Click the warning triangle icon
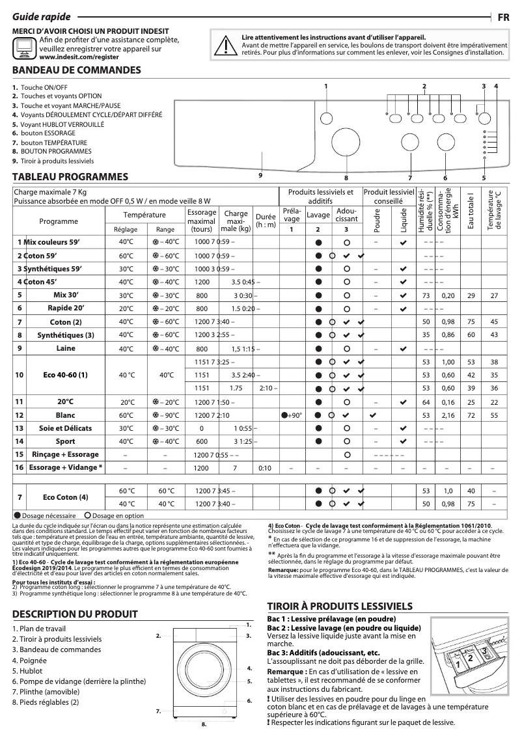[225, 45]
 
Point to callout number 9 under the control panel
[260, 174]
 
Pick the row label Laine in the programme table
[65, 348]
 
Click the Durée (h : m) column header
[266, 221]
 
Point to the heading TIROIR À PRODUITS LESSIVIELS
[340, 605]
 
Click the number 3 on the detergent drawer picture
[485, 651]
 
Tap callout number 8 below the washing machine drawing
[203, 724]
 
